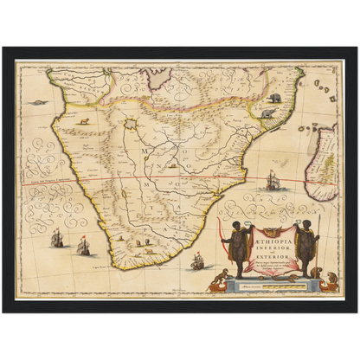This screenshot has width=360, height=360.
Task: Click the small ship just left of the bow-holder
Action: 197,258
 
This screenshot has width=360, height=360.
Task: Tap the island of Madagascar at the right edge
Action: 327,160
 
